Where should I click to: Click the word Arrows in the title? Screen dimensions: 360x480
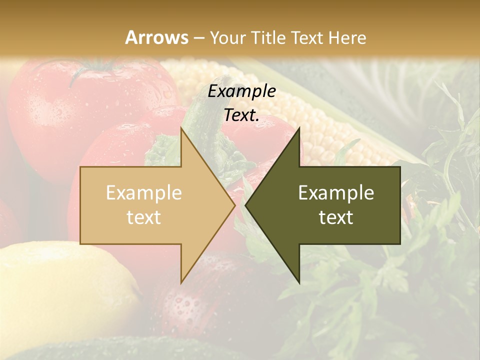point(156,37)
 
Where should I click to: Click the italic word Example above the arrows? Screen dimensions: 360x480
point(241,91)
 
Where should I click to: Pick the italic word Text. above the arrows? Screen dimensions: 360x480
point(241,115)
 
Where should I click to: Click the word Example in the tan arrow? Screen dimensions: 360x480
point(143,193)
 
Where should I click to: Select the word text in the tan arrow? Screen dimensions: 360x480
point(143,217)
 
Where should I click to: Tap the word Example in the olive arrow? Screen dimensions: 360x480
point(336,193)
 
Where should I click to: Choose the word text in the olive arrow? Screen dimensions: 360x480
point(336,217)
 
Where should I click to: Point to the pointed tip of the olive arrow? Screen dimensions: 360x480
point(246,205)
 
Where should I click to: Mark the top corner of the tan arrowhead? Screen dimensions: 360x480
point(181,128)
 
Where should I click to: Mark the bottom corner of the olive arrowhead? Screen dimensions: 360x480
point(299,283)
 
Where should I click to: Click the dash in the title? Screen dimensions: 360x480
point(198,38)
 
